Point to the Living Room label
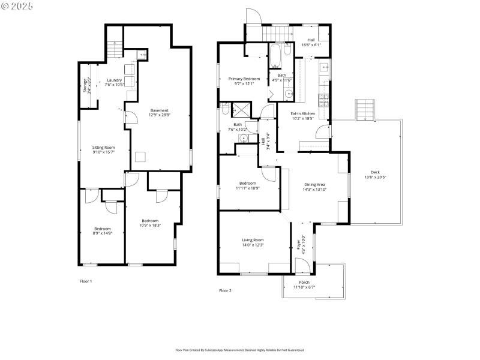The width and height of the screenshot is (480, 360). coord(253,242)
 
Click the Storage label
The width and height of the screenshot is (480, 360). coord(86,85)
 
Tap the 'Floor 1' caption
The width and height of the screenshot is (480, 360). coord(86,281)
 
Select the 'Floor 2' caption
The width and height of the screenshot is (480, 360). coord(225,290)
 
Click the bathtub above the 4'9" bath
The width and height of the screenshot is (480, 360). coord(274,56)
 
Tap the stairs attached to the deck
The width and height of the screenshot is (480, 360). coord(365,110)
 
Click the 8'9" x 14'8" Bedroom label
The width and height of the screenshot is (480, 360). coord(102,230)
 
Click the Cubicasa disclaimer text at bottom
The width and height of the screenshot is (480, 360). coord(239,350)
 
